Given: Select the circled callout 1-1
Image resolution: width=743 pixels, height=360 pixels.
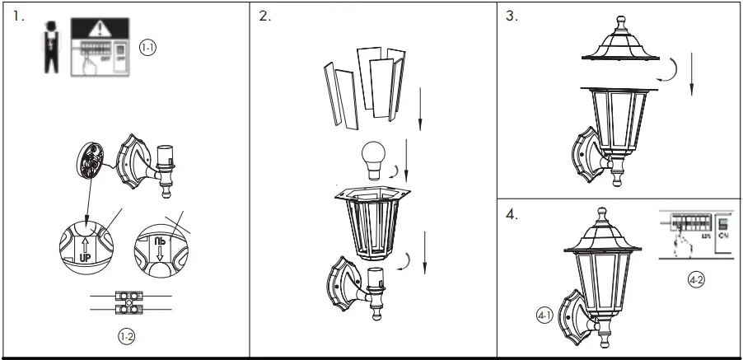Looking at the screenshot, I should pos(147,49).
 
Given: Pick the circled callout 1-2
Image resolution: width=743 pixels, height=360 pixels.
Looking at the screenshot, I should pos(122,335).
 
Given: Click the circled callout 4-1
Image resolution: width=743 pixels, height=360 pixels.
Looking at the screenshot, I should pos(542,314).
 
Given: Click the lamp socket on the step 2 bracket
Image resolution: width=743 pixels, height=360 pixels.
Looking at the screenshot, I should pos(376,281).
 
